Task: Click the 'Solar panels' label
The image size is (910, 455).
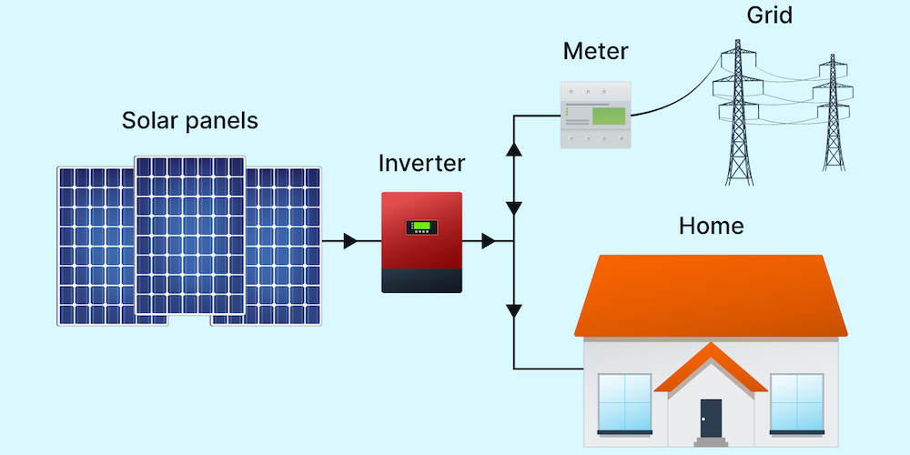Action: click(x=189, y=121)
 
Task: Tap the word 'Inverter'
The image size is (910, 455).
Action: click(x=421, y=164)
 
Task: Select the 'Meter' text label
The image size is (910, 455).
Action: click(x=595, y=51)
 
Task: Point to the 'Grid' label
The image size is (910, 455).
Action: click(x=769, y=15)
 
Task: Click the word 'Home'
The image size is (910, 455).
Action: click(x=711, y=225)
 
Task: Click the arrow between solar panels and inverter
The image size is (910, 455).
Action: click(x=351, y=241)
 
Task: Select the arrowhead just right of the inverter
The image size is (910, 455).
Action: click(x=489, y=241)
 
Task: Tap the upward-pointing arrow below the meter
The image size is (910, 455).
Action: click(x=514, y=148)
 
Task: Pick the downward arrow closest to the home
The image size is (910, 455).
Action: click(x=514, y=312)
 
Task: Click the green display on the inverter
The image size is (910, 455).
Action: click(x=421, y=227)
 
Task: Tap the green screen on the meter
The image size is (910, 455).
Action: click(x=608, y=116)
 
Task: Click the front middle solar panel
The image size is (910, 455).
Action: click(x=190, y=235)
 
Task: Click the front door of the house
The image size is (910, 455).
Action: click(x=711, y=418)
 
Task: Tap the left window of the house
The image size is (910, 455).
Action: click(x=624, y=402)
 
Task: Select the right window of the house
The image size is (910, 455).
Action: click(x=796, y=402)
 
